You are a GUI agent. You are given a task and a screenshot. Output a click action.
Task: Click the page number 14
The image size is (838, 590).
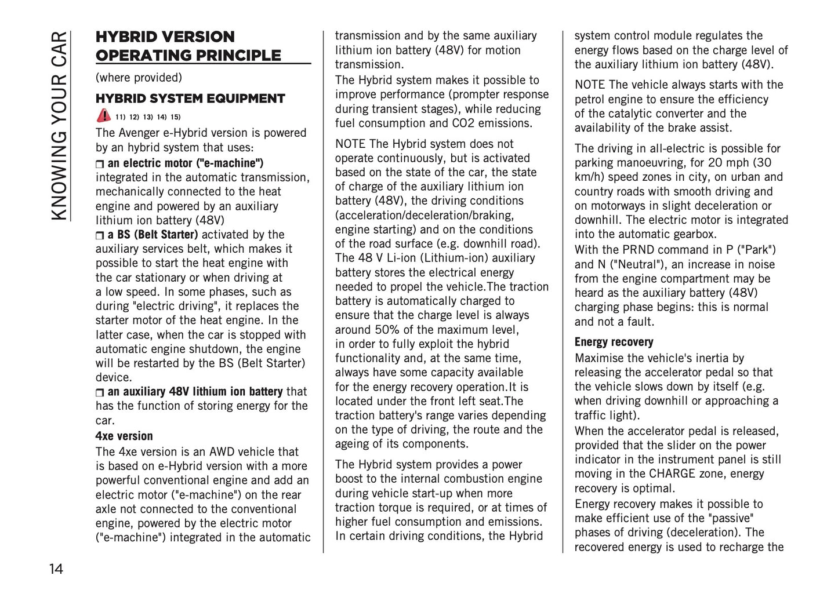[x=56, y=568]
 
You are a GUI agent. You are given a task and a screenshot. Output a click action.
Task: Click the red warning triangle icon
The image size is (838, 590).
[x=103, y=115]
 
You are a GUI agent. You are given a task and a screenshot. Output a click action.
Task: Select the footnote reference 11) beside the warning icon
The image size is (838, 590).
[x=121, y=116]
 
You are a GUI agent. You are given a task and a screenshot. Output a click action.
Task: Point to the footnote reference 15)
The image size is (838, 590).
[x=175, y=116]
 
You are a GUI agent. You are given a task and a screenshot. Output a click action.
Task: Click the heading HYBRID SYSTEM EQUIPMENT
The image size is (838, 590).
[x=190, y=99]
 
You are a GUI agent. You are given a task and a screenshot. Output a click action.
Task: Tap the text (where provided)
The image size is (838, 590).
[x=139, y=78]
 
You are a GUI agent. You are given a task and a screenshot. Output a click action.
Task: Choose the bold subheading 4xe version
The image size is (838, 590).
[x=124, y=436]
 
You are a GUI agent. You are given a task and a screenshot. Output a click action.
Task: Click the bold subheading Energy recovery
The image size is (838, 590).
[x=614, y=342]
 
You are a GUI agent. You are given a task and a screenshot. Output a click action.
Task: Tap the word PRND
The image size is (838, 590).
[x=640, y=250]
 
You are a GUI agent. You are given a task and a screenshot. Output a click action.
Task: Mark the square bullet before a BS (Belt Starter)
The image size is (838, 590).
[x=99, y=235]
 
